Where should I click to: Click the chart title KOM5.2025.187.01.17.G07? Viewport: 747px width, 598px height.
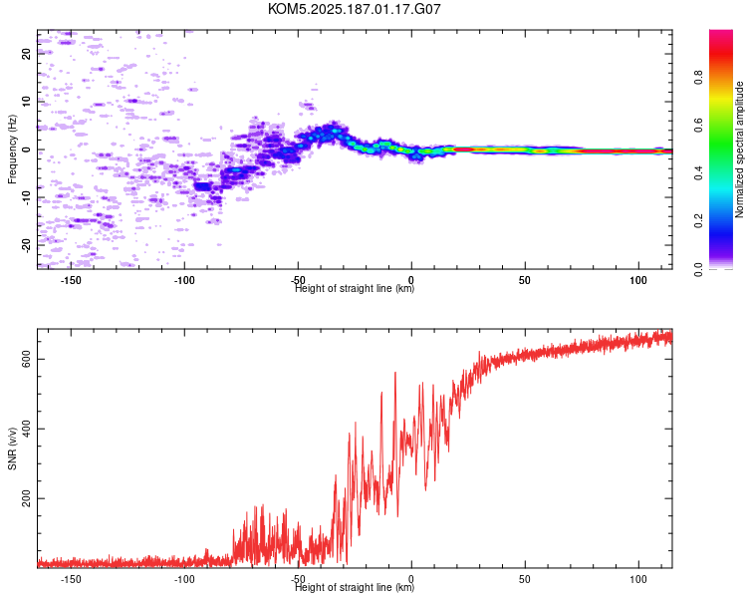point(354,9)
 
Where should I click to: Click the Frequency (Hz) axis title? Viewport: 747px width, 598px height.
point(12,149)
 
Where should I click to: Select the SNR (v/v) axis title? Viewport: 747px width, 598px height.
point(12,448)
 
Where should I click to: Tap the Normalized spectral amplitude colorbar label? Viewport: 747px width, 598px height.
point(739,149)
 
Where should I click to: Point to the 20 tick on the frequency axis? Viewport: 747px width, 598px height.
point(26,54)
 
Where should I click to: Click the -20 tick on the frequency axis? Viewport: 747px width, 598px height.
point(26,245)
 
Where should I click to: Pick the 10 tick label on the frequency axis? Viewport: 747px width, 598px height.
point(26,102)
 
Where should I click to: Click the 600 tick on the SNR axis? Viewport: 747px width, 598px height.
point(26,359)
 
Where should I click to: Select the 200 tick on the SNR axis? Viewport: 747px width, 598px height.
point(26,498)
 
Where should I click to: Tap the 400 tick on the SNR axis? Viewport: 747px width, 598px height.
point(26,429)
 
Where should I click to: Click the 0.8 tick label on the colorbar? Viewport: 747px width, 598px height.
point(698,78)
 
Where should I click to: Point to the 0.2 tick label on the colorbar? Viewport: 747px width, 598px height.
point(698,221)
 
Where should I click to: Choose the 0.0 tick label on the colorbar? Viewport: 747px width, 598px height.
point(698,269)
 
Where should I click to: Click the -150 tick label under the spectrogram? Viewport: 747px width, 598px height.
point(71,280)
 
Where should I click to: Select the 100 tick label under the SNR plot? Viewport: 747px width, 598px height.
point(638,579)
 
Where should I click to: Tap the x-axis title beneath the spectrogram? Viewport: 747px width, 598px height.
point(355,288)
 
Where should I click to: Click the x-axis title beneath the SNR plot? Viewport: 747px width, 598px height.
point(355,587)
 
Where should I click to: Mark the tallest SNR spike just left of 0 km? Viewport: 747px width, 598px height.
point(395,373)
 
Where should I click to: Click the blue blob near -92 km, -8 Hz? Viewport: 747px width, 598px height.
point(203,186)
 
